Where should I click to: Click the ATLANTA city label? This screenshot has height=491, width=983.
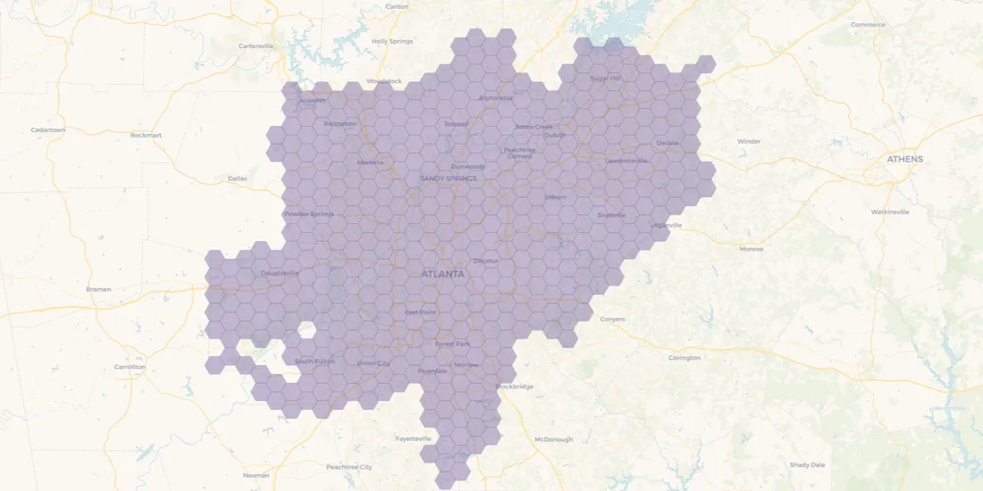442,274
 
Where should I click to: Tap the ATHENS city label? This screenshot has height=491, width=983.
904,159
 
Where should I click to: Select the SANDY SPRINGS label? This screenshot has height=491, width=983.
448,179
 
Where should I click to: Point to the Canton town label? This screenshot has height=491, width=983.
397,6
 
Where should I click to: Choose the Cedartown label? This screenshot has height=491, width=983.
48,129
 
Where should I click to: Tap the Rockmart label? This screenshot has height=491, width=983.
146,135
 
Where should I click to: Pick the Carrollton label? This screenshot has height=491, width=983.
130,367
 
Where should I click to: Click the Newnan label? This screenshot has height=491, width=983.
256,475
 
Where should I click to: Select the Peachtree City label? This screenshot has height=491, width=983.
349,467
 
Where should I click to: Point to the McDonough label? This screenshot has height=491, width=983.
553,439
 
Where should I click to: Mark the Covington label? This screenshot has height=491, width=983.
684,358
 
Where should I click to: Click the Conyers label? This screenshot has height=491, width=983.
612,319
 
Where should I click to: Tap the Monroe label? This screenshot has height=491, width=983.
752,249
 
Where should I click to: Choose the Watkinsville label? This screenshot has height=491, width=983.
890,212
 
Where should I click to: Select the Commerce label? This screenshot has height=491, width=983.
868,24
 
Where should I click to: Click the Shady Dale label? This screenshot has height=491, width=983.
807,464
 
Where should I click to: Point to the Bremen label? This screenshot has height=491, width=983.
98,289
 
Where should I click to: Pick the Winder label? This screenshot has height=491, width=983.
749,141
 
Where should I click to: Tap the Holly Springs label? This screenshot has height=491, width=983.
392,41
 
